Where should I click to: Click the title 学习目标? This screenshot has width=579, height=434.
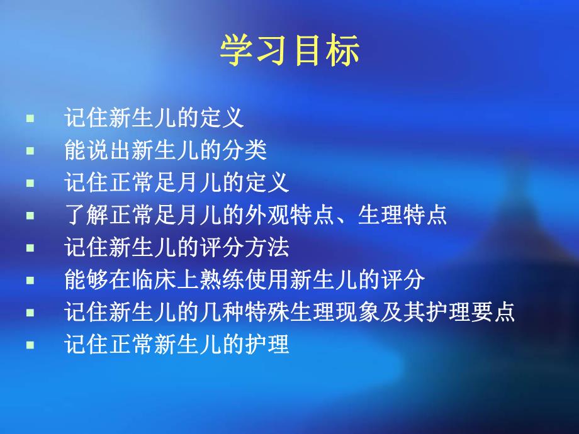[x=289, y=51]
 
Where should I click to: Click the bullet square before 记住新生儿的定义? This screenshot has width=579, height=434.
[x=30, y=118]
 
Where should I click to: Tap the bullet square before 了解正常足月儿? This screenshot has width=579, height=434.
[x=30, y=216]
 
